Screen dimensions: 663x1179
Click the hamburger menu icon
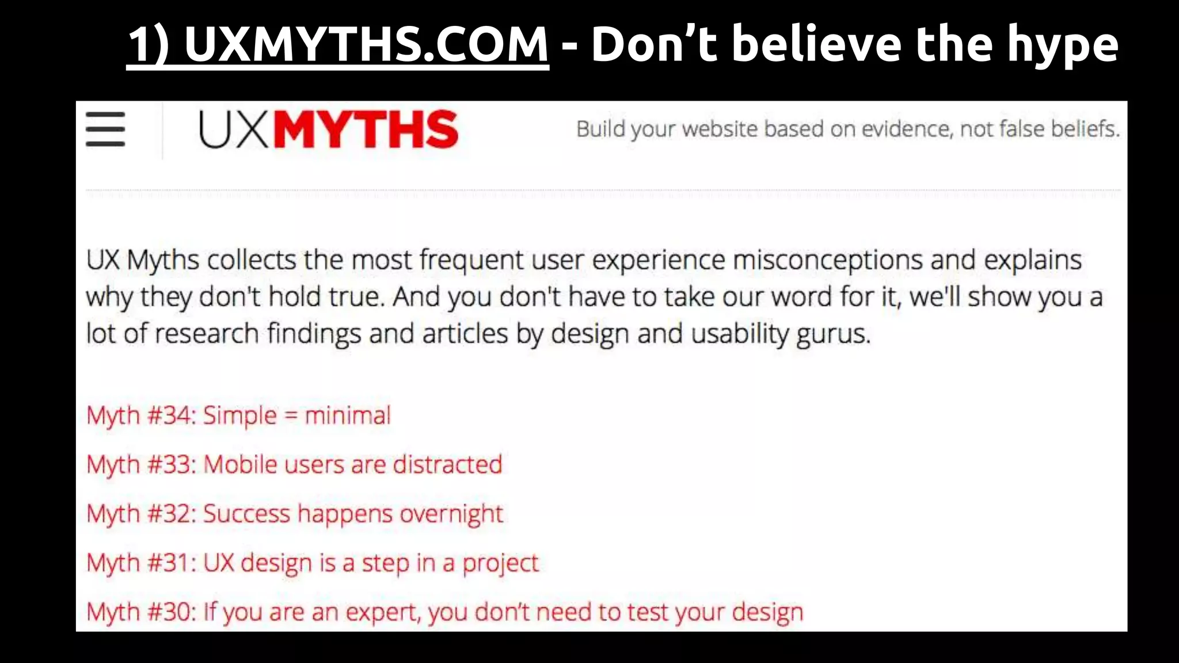coord(105,129)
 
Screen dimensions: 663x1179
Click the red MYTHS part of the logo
coord(366,129)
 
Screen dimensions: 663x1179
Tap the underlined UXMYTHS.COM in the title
coord(338,44)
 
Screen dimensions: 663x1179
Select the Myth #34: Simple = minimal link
coord(238,416)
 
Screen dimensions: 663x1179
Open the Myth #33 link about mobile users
coord(294,464)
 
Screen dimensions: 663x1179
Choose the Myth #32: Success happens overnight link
coord(295,513)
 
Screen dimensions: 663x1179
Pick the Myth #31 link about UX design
coord(313,563)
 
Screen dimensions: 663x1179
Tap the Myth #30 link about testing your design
coord(444,612)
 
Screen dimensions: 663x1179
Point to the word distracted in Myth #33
coord(447,464)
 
